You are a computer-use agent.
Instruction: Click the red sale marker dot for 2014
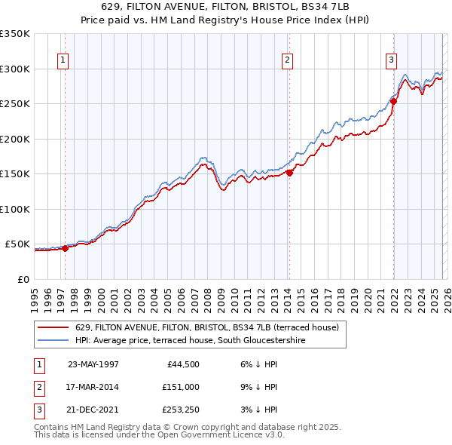click(x=289, y=173)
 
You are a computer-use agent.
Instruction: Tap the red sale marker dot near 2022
click(x=393, y=101)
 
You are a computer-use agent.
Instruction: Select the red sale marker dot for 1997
click(x=66, y=247)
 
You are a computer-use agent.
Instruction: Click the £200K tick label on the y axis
click(x=14, y=139)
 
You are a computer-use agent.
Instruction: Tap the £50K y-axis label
click(x=17, y=244)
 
